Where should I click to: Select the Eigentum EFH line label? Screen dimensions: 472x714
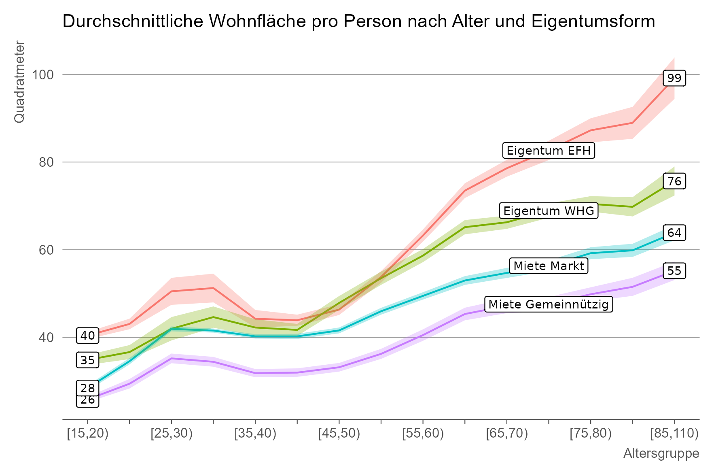(548, 151)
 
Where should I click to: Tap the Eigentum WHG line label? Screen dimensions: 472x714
(549, 210)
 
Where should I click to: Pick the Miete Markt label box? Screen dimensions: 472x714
(549, 266)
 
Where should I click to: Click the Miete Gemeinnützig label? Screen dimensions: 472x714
(549, 304)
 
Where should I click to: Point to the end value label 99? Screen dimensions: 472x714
(674, 78)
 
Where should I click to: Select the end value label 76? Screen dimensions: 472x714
(674, 181)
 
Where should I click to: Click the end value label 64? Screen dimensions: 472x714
(674, 233)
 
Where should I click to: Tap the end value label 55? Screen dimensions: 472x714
(674, 271)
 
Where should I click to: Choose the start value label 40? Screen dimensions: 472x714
(87, 336)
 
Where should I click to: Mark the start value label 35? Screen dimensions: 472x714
(87, 360)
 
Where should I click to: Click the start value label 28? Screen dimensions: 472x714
(87, 388)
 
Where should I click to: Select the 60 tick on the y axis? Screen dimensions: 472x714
(47, 250)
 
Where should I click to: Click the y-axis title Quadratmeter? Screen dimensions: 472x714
(19, 81)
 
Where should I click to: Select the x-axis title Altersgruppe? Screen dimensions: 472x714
(661, 453)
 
